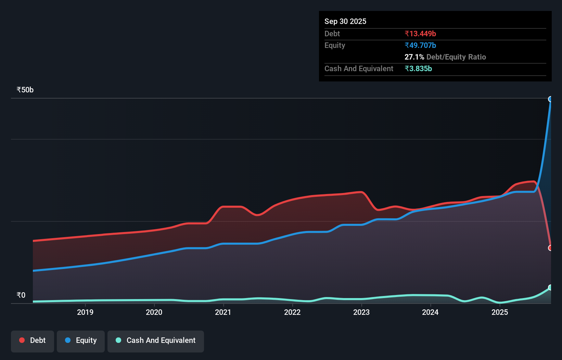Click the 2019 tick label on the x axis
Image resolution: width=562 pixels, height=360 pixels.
[85, 312]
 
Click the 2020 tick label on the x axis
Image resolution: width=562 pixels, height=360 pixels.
[154, 312]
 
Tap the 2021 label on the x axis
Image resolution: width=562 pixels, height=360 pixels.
[223, 312]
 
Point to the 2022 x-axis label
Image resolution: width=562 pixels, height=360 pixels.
[292, 312]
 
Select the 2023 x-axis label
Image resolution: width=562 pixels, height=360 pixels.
[361, 312]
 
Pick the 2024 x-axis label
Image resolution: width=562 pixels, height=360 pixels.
[430, 312]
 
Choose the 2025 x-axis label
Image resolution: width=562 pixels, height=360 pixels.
[500, 312]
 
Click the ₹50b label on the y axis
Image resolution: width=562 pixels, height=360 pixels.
[25, 90]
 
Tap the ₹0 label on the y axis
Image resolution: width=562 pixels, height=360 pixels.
[21, 295]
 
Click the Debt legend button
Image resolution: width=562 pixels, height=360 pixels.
[33, 340]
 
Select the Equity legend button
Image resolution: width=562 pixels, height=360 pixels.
[81, 340]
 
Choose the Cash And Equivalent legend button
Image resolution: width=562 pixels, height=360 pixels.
[156, 340]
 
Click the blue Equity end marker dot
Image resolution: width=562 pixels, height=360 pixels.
[550, 99]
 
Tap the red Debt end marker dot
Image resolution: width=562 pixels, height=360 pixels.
[550, 248]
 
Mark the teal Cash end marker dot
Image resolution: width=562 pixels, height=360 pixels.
[550, 287]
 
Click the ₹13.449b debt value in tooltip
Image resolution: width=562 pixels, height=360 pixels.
[420, 34]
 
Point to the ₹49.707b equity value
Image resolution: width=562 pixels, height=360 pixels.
[420, 45]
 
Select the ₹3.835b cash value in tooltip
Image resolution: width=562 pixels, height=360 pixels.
[418, 68]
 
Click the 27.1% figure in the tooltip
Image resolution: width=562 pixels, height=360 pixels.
[414, 57]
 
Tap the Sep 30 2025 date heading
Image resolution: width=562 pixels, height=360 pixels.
[345, 21]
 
